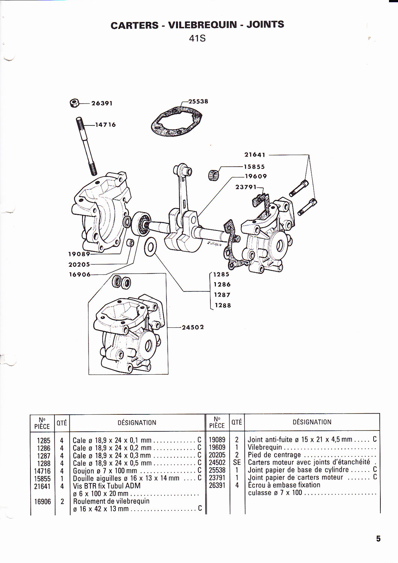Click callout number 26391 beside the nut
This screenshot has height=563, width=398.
coord(102,103)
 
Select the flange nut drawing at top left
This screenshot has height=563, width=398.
coord(74,102)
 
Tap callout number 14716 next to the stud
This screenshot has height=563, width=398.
coord(105,125)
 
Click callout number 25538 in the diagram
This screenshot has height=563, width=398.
coord(198,101)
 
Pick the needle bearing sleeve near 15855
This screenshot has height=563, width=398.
coord(213,175)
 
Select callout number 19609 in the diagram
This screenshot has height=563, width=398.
coord(256,176)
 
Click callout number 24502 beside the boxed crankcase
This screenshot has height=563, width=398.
coord(193,327)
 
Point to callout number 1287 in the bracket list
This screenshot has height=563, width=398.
coord(222,295)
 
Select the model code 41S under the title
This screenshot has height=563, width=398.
coord(197,38)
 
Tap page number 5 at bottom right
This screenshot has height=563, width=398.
coord(378,539)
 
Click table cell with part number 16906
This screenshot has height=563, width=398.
coord(42,501)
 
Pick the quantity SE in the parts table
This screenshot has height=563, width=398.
coord(237,462)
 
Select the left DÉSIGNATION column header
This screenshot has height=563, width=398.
coord(137,423)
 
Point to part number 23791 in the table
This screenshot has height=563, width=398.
coord(217,477)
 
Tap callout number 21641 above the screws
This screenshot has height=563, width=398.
coord(255,155)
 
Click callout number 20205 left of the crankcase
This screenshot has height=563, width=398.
coord(79,264)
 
